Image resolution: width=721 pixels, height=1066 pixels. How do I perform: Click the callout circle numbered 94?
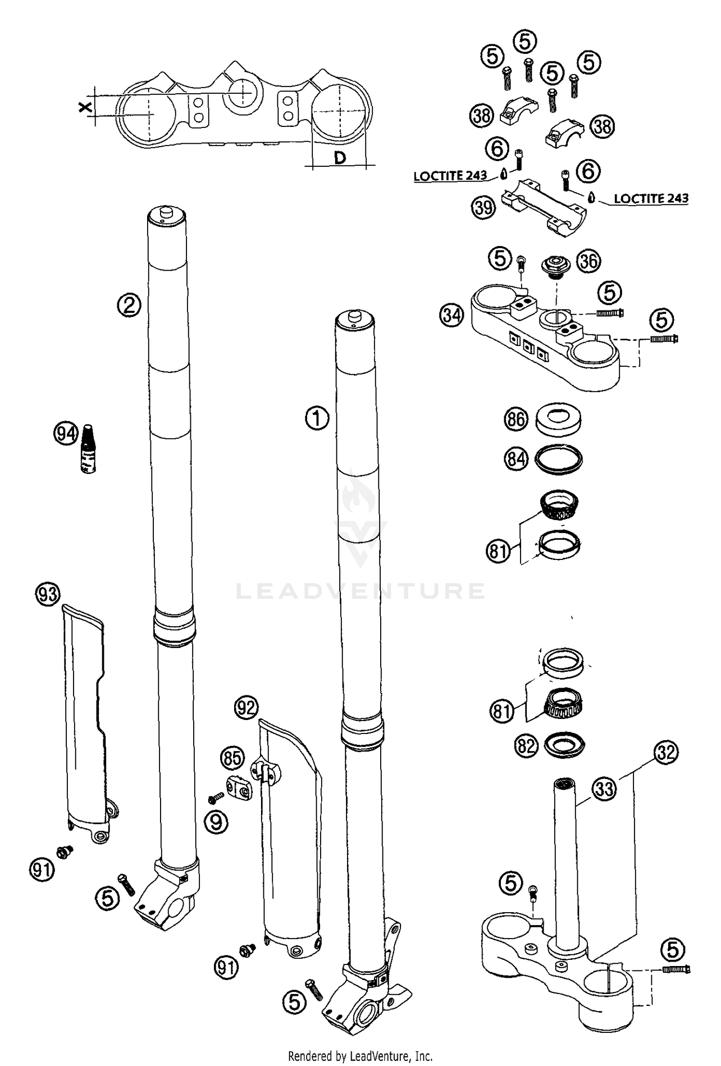point(65,434)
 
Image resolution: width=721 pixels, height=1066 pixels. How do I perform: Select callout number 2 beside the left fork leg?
point(129,305)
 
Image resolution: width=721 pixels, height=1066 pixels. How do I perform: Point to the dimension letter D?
point(340,157)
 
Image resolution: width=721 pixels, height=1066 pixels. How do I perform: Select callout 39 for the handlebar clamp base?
point(483,207)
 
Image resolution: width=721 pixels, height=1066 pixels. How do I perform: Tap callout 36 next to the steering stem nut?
point(588,261)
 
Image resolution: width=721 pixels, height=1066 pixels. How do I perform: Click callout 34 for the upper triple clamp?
point(451,316)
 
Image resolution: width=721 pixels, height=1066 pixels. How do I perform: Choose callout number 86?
point(516,419)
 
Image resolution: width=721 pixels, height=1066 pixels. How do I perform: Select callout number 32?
point(666,753)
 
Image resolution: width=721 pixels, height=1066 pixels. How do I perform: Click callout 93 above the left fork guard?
point(48,595)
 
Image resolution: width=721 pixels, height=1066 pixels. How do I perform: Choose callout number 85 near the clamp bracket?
point(232,759)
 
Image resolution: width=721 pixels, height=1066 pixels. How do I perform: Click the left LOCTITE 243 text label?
point(450,176)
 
